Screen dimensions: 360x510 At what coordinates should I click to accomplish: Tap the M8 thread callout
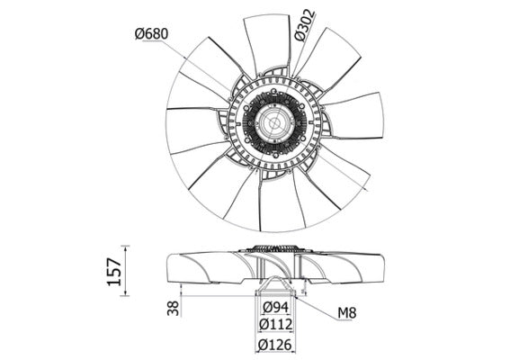(x=348, y=313)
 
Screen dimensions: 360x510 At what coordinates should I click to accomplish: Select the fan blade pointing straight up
(x=267, y=40)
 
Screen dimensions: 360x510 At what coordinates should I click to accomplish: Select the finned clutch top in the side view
(x=273, y=248)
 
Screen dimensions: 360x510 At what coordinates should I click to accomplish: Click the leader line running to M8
(x=315, y=301)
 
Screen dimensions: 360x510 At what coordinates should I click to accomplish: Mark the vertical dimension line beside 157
(x=127, y=269)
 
